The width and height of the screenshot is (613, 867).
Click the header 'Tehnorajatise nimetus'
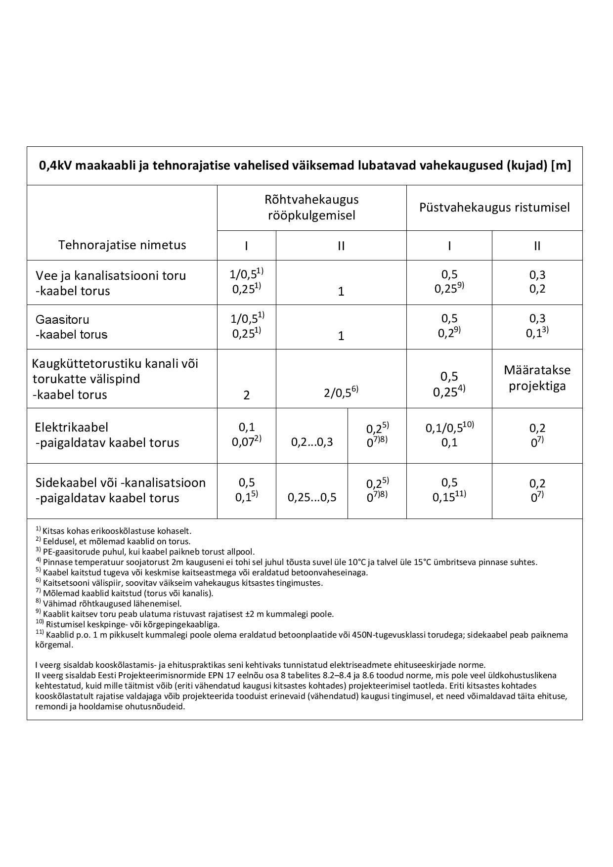point(122,245)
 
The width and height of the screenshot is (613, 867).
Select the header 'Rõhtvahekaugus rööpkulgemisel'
point(311,208)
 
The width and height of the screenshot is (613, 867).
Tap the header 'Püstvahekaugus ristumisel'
point(494,208)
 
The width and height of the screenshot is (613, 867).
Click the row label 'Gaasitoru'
point(62,319)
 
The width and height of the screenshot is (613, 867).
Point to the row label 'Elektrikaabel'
point(72,427)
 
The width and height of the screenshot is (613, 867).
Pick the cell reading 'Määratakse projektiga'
point(537,378)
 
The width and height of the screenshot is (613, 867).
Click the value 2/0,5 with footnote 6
point(341,392)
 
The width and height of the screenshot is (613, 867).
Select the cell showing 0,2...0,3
point(312,442)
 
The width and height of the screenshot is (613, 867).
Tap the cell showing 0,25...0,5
point(312,498)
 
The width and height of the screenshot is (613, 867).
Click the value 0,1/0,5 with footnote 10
point(449,428)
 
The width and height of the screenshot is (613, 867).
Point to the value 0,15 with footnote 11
point(449,497)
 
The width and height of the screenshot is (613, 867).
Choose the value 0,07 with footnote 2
point(246,442)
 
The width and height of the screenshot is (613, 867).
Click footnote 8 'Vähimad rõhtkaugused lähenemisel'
point(109,604)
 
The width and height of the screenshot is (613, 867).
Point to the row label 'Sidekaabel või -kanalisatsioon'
point(121,482)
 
